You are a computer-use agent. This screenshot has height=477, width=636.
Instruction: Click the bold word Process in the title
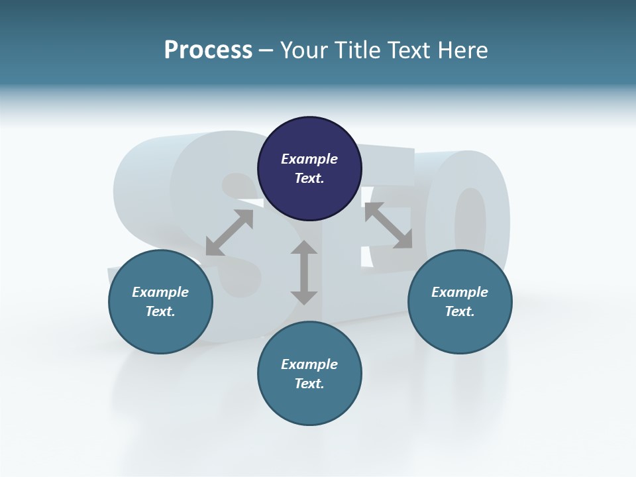208,50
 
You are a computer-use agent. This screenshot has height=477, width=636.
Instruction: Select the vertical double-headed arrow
304,272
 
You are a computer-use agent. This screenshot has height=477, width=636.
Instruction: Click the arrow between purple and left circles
229,233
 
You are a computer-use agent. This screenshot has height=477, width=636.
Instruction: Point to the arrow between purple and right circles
388,225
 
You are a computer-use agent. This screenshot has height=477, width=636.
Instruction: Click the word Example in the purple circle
309,159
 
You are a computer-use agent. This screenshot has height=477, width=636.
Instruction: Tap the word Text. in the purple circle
309,178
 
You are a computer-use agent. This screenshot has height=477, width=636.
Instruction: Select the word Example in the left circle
160,292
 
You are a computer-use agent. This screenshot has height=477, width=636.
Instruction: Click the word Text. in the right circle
460,311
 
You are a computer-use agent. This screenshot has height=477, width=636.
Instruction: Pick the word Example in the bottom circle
309,364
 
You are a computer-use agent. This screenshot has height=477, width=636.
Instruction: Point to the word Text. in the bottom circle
309,384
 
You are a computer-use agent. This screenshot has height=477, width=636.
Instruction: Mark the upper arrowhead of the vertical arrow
304,249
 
